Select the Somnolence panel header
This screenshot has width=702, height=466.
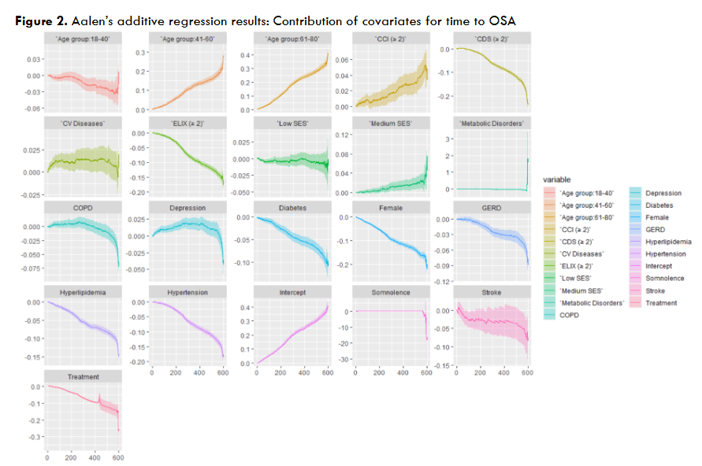[392, 292]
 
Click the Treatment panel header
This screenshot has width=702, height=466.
[84, 377]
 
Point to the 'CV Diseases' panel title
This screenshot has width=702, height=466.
[84, 123]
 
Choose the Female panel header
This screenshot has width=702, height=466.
[392, 207]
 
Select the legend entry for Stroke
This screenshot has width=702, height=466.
[656, 290]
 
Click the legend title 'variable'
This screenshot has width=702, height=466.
[558, 179]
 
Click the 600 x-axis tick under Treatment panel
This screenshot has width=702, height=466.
[118, 457]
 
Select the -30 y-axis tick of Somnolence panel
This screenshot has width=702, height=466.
[344, 359]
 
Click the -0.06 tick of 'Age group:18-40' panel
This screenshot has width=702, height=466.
[33, 109]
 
